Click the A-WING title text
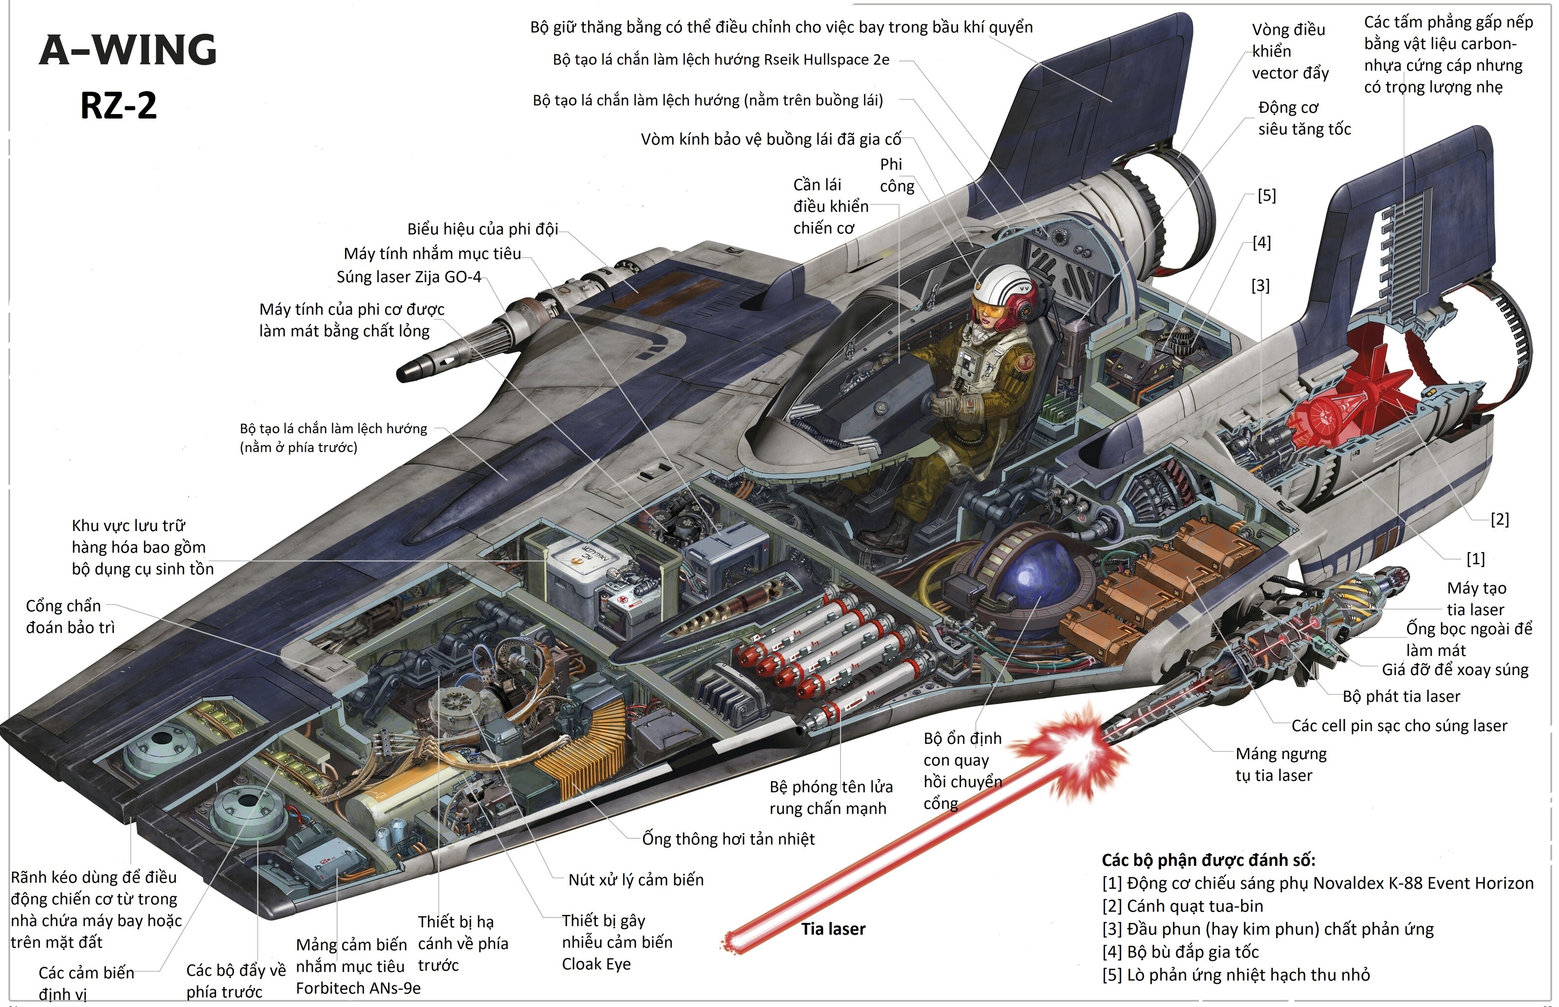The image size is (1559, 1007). click(128, 50)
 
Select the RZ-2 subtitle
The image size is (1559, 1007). click(118, 105)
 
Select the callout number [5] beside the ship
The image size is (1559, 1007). click(1266, 196)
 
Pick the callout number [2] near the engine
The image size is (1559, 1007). click(1499, 519)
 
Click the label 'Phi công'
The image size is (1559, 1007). click(897, 175)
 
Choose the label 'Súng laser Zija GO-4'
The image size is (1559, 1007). click(408, 277)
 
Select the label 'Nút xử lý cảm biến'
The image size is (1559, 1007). click(636, 880)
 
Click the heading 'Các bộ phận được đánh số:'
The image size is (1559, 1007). click(1208, 860)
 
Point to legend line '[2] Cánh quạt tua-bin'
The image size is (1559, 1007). click(1183, 906)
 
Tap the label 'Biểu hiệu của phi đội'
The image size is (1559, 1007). click(482, 229)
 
